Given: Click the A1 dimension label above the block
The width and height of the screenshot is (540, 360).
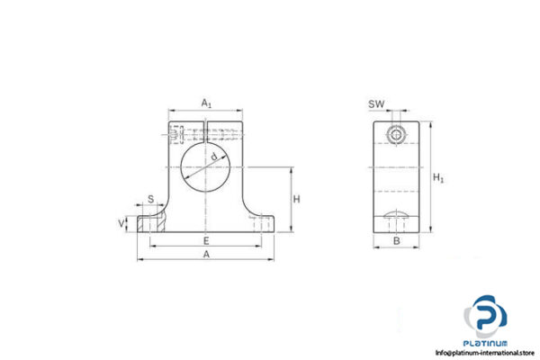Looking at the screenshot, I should [206, 103].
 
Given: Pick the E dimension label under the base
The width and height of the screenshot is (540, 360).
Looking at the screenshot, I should [206, 240].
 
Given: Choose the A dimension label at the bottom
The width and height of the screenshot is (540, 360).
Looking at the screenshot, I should [206, 256].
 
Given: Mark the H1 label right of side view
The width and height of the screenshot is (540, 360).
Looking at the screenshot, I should [439, 177].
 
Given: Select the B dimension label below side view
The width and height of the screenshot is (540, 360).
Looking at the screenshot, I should [396, 242].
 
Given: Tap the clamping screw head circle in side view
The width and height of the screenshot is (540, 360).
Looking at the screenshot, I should [396, 134].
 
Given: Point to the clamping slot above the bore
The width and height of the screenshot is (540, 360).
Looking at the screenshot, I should [206, 135].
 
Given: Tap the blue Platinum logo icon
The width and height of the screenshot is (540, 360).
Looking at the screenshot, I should [487, 319].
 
